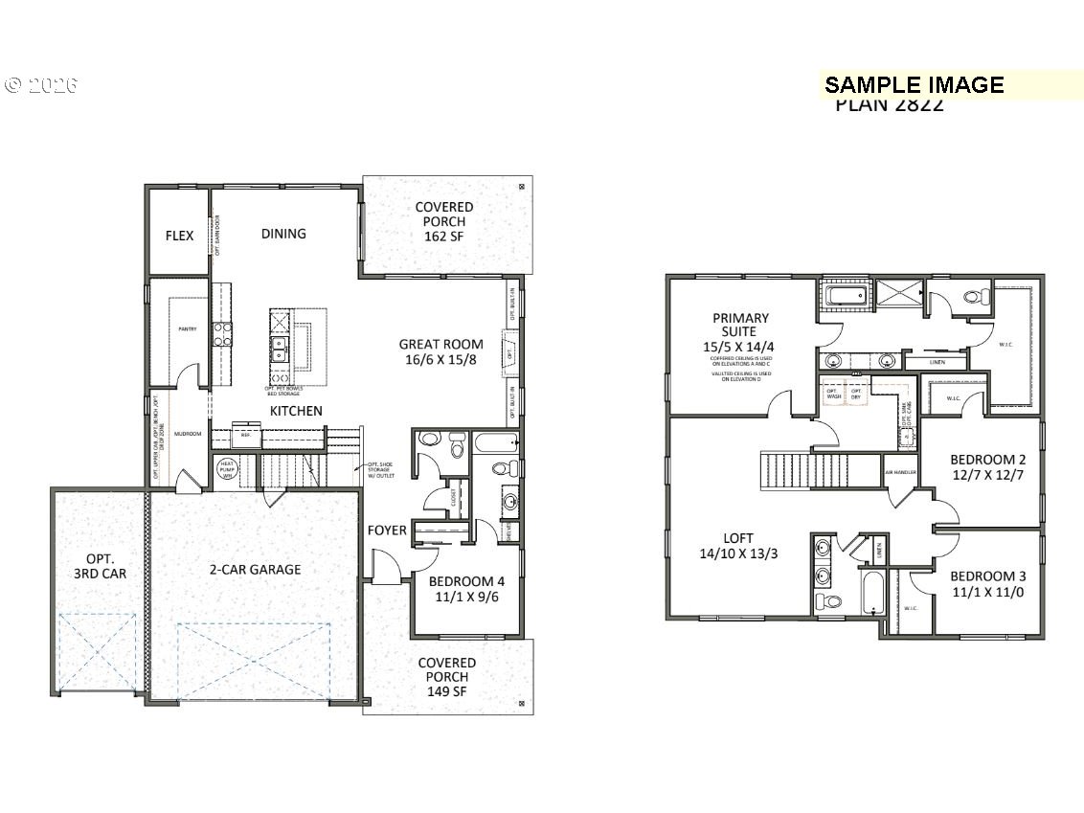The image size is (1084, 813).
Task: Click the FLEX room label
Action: click(x=179, y=235)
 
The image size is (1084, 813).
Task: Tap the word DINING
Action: click(x=283, y=233)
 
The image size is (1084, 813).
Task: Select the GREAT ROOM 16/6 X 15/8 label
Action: click(x=441, y=351)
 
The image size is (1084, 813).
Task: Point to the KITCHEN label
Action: click(x=295, y=411)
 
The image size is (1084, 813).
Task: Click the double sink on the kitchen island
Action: click(x=281, y=350)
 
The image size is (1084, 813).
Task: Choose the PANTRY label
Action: click(x=187, y=328)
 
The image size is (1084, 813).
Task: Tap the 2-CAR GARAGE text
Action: click(x=255, y=569)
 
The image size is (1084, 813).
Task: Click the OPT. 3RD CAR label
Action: click(x=100, y=566)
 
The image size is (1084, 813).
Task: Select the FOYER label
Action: click(x=387, y=530)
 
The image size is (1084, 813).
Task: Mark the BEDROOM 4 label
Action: click(x=465, y=589)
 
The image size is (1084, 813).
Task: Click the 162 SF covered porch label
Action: click(x=443, y=221)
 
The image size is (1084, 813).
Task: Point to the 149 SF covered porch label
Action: click(x=446, y=677)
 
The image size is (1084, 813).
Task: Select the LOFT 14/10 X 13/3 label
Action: click(x=738, y=545)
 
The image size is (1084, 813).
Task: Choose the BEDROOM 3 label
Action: click(x=988, y=583)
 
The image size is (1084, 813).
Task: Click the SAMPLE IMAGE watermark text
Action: click(x=914, y=85)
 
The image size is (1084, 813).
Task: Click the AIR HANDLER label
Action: click(x=900, y=473)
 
